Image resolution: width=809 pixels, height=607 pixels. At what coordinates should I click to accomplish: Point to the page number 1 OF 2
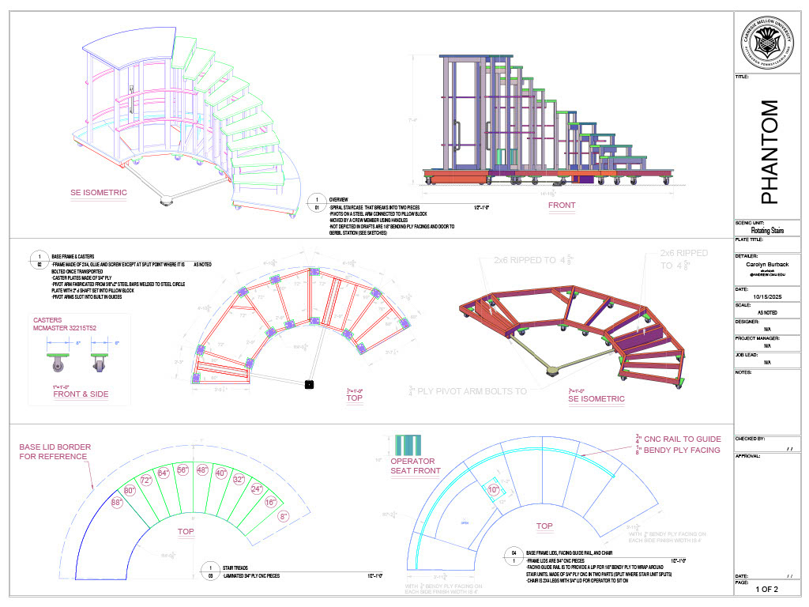coord(766,589)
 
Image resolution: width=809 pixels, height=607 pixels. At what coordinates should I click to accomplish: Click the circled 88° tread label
coord(116,502)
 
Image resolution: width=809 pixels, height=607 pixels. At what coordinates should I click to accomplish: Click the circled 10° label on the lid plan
coord(494,490)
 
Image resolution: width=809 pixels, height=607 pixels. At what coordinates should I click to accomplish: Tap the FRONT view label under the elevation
coord(561,205)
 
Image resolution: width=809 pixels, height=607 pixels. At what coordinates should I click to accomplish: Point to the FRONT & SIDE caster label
coord(81,394)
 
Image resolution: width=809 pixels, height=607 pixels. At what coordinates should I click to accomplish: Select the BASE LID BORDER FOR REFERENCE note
coord(55,451)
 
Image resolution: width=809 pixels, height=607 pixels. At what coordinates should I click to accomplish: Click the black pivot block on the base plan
coord(309,384)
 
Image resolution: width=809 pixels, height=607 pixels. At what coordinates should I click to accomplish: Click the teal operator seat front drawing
coord(408,444)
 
